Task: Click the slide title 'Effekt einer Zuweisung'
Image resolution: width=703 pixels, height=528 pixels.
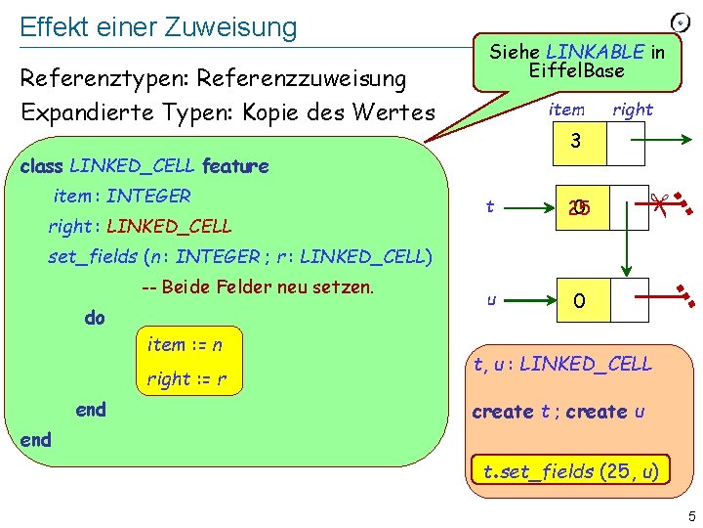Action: coord(158,26)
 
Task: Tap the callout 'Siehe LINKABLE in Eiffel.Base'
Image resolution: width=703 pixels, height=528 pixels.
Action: coord(576,61)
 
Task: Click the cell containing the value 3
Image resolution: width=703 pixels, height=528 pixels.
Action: coord(576,142)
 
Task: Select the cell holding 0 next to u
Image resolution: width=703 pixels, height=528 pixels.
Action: coord(579,302)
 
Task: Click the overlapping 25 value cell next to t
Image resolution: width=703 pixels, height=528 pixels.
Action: coord(579,208)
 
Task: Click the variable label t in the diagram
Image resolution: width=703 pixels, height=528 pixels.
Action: coord(490,206)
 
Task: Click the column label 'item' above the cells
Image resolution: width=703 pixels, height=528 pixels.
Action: coord(566,110)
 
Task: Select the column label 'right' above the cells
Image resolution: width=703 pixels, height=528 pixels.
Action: coord(632,110)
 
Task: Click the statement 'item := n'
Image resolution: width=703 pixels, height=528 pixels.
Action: coord(185,344)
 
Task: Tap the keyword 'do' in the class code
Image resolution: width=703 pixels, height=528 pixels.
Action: coord(95,318)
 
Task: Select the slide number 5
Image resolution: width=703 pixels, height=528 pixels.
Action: coord(688,516)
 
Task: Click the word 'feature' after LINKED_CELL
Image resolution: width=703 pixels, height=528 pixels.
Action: coord(234,166)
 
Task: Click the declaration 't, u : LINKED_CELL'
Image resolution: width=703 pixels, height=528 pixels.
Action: coord(562,365)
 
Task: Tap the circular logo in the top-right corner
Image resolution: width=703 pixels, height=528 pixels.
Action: coord(682,21)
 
